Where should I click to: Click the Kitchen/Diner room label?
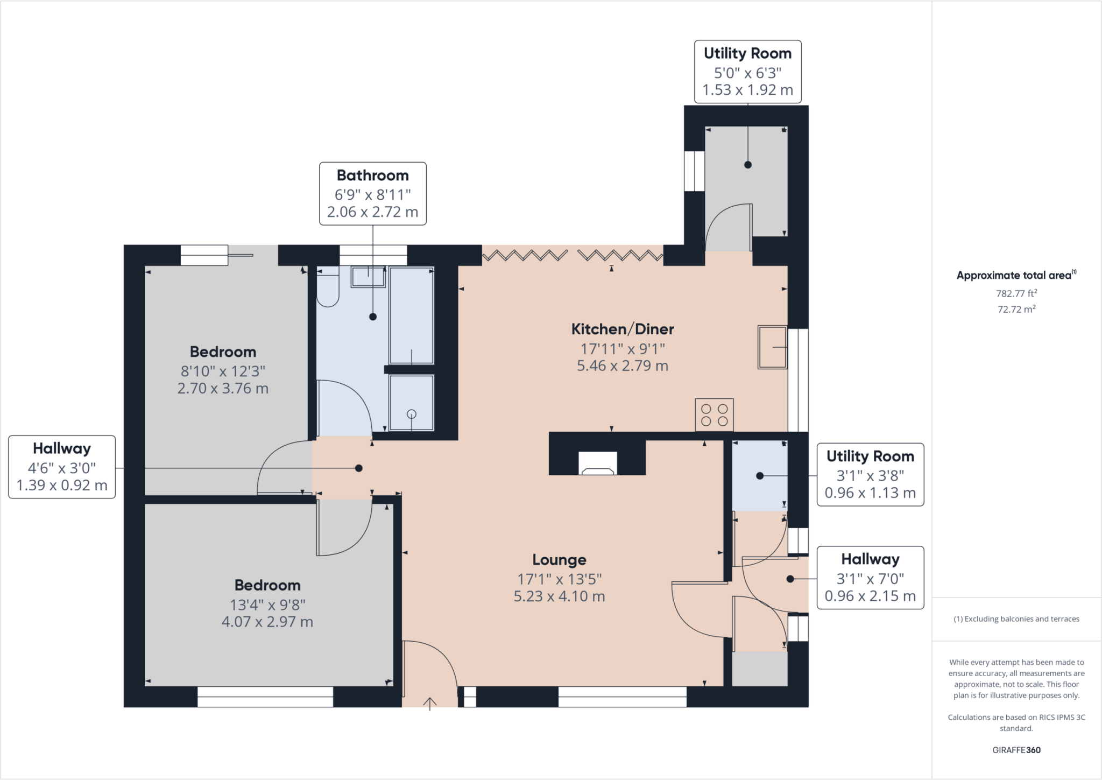click(623, 329)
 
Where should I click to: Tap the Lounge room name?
click(560, 560)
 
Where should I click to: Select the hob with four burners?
click(714, 414)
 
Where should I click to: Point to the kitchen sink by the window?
click(772, 347)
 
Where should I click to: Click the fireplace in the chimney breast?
click(597, 464)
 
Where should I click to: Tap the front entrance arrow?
click(429, 704)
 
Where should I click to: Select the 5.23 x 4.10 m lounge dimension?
click(560, 596)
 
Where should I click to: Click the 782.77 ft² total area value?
click(1016, 293)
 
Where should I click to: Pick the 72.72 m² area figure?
click(1016, 309)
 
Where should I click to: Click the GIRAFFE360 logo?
click(1016, 750)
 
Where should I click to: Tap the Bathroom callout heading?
click(373, 175)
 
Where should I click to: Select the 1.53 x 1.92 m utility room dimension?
click(748, 90)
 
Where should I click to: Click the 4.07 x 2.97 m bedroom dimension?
click(267, 622)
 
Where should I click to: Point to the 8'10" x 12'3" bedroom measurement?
click(223, 371)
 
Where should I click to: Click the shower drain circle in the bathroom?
click(412, 414)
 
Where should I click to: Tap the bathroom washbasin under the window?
click(368, 277)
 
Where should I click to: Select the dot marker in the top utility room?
click(748, 165)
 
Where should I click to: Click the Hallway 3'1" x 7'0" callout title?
click(871, 559)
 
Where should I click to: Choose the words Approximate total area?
click(1014, 276)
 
